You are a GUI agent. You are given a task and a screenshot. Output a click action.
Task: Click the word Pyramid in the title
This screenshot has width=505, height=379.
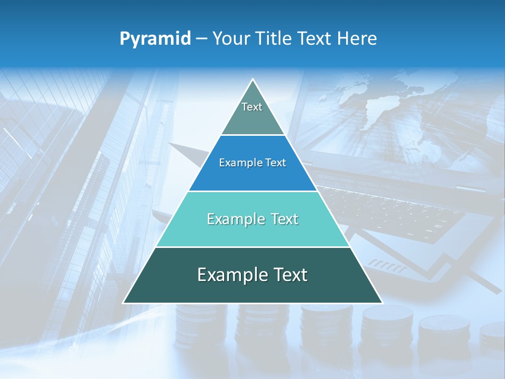pyautogui.click(x=155, y=39)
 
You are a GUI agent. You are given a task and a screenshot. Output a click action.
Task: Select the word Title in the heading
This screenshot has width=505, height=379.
pyautogui.click(x=277, y=38)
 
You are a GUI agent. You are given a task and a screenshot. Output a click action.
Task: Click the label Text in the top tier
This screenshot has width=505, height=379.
pyautogui.click(x=252, y=107)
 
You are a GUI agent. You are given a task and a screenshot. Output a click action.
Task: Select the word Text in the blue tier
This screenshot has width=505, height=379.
pyautogui.click(x=276, y=163)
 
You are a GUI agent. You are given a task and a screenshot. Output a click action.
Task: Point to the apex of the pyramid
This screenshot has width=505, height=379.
pyautogui.click(x=253, y=79)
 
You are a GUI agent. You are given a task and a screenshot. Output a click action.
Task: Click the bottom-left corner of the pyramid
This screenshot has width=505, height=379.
pyautogui.click(x=124, y=303)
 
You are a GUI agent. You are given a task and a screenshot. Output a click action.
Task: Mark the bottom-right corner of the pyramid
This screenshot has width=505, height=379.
pyautogui.click(x=382, y=303)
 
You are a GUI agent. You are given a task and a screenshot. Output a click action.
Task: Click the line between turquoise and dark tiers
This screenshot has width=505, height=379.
pyautogui.click(x=252, y=247)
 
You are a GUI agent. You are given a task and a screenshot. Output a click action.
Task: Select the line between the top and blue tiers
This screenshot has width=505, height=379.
pyautogui.click(x=253, y=135)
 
